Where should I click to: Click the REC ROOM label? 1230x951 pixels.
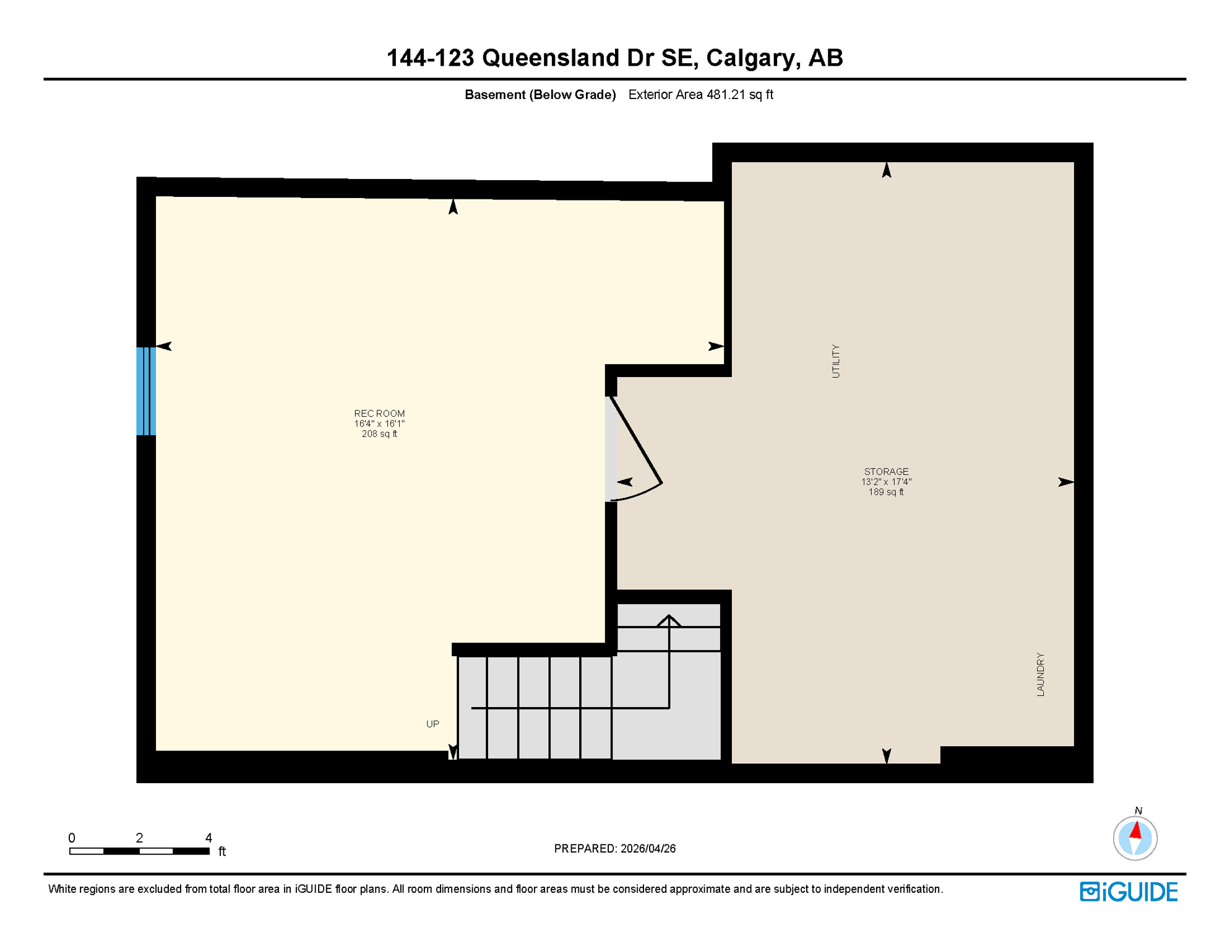coord(379,413)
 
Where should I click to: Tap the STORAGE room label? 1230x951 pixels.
coord(886,471)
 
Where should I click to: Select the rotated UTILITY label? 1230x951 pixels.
coord(836,361)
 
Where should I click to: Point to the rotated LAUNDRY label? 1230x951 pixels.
coord(1040,674)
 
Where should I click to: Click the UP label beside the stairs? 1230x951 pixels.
coord(432,724)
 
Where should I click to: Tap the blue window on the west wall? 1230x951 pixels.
coord(146,391)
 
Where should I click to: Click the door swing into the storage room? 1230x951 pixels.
coord(637,452)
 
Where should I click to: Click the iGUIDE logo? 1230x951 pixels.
coord(1129,892)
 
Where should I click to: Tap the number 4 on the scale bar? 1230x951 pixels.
coord(209,838)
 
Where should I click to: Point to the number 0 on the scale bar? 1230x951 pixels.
coord(72,838)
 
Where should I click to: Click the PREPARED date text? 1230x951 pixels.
coord(614,848)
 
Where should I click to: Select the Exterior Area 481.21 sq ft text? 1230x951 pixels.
coord(700,95)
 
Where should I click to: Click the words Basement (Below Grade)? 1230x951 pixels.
coord(540,95)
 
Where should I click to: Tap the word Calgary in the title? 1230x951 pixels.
coord(749,58)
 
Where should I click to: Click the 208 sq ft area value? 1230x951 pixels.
coord(379,434)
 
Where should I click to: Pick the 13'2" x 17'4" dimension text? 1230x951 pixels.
coord(886,482)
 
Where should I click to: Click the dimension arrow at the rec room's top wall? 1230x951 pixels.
coord(453,207)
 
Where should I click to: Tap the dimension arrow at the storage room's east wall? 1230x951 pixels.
coord(1065,482)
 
